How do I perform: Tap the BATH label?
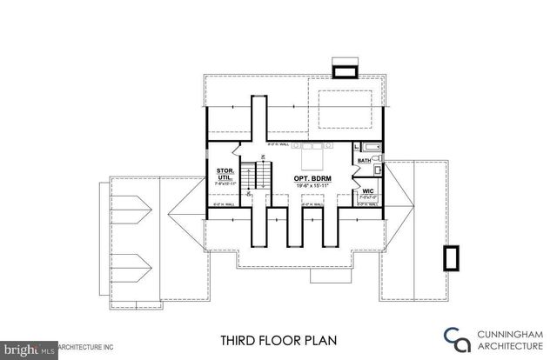(363, 160)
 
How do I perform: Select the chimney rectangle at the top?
(345, 70)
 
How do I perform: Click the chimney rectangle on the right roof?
(451, 258)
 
